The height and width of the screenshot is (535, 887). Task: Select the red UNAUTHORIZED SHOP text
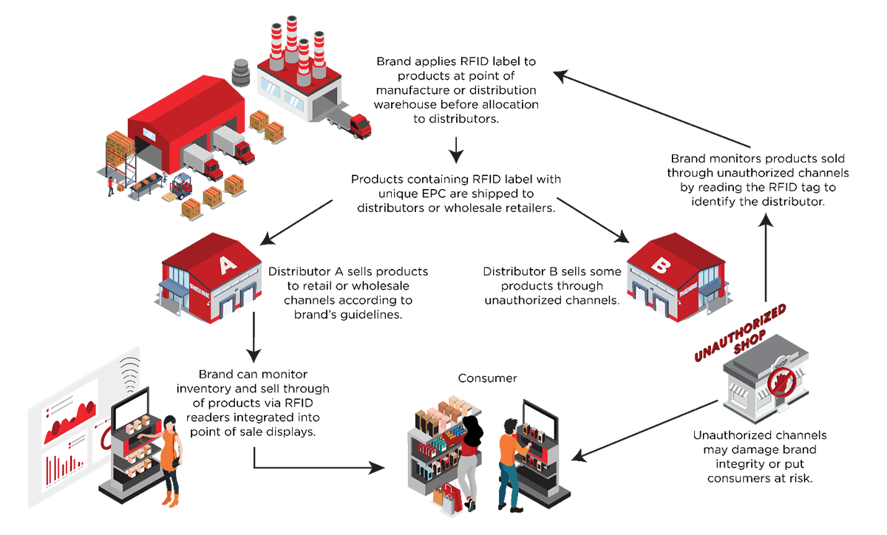pos(733,332)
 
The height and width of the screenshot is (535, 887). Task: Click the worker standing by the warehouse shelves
pos(110,185)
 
